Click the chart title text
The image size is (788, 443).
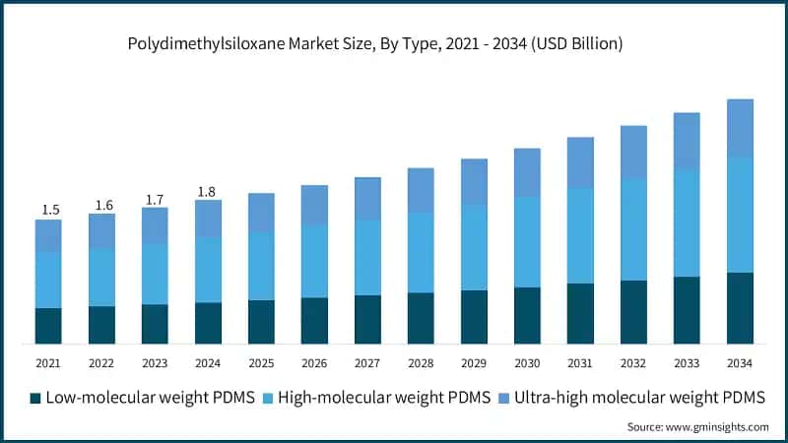pyautogui.click(x=394, y=44)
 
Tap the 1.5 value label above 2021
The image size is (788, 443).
pyautogui.click(x=50, y=210)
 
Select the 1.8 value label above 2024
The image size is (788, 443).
pyautogui.click(x=208, y=191)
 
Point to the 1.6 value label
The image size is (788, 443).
pyautogui.click(x=103, y=205)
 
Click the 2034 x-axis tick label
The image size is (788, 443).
pyautogui.click(x=739, y=363)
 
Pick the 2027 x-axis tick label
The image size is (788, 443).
pyautogui.click(x=367, y=363)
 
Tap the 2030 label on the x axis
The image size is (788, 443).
pyautogui.click(x=527, y=363)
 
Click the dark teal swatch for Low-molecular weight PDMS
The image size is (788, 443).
pyautogui.click(x=35, y=398)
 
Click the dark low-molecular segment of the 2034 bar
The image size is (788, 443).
pyautogui.click(x=740, y=308)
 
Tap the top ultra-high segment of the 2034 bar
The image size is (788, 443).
pyautogui.click(x=740, y=128)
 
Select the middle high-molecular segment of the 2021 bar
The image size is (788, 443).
pyautogui.click(x=48, y=280)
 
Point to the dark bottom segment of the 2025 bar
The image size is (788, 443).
pyautogui.click(x=261, y=322)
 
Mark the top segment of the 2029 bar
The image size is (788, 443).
pyautogui.click(x=474, y=182)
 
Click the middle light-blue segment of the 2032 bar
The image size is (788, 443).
pyautogui.click(x=633, y=229)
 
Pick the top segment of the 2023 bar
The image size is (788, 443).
pyautogui.click(x=155, y=225)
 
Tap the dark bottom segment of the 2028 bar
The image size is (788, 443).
pyautogui.click(x=421, y=318)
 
